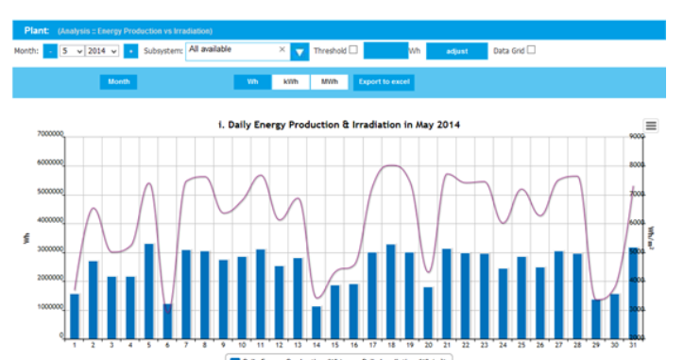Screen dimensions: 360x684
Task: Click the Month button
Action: pos(119,82)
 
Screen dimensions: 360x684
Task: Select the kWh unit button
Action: pos(290,82)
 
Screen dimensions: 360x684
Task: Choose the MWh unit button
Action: pos(329,82)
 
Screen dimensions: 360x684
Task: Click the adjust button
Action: pos(457,51)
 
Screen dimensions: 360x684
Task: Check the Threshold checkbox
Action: pos(353,50)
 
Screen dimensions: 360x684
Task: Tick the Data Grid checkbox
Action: pos(531,50)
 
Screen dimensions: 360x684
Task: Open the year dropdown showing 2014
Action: pos(102,51)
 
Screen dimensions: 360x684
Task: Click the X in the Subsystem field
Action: pos(282,49)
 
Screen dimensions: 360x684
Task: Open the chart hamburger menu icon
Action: pos(651,126)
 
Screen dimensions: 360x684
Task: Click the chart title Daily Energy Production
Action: pos(339,125)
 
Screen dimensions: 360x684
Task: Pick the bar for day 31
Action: pos(632,292)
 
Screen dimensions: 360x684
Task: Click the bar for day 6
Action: pos(167,320)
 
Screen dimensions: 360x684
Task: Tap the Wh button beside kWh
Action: pos(252,82)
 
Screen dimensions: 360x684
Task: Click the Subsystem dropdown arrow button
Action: pos(299,52)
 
